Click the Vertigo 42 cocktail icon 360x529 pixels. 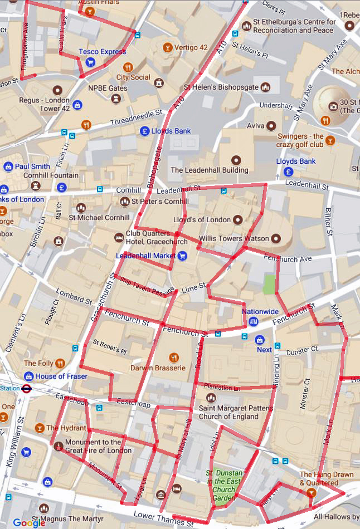[167, 47]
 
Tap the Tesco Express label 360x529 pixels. [102, 52]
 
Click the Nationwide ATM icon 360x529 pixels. [254, 321]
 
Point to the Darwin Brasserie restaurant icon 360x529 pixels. [174, 357]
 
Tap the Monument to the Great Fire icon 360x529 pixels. [59, 445]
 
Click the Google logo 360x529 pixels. [29, 523]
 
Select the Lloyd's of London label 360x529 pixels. [202, 219]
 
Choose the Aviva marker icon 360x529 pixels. [271, 126]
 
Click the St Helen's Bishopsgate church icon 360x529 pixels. [266, 87]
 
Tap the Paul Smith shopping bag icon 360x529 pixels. [9, 166]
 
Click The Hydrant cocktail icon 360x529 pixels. [39, 428]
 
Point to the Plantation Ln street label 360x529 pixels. [222, 386]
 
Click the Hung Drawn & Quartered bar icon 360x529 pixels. [311, 493]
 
